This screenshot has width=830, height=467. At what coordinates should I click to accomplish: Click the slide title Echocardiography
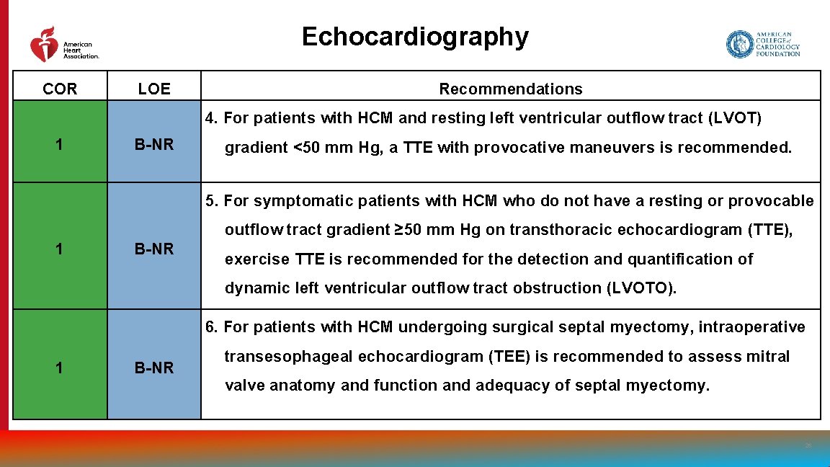[x=414, y=36]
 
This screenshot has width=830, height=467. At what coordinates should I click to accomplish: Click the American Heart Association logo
[x=63, y=45]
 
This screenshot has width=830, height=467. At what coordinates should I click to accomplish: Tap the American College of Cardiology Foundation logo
[x=763, y=44]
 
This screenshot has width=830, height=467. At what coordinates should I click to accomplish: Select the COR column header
[x=60, y=89]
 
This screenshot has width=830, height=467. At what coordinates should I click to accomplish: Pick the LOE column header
[x=154, y=89]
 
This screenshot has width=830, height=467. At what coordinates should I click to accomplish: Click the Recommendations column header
[x=510, y=89]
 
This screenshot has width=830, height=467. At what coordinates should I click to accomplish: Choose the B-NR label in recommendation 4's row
[x=154, y=145]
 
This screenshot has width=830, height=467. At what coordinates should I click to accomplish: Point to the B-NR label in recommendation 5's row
[x=154, y=249]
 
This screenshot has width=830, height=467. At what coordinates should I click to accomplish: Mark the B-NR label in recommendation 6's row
[x=154, y=368]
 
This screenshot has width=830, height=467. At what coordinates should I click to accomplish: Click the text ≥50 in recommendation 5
[x=409, y=230]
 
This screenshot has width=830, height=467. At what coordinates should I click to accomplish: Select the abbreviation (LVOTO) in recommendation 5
[x=641, y=288]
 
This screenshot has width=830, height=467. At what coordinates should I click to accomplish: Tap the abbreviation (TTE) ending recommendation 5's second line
[x=770, y=230]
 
